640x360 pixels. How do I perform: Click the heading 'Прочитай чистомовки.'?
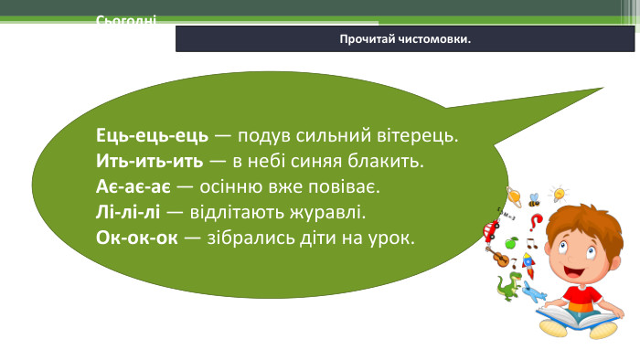coord(405,39)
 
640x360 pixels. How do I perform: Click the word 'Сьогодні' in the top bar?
coord(125,20)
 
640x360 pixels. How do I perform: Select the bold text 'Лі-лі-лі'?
coord(129,213)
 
